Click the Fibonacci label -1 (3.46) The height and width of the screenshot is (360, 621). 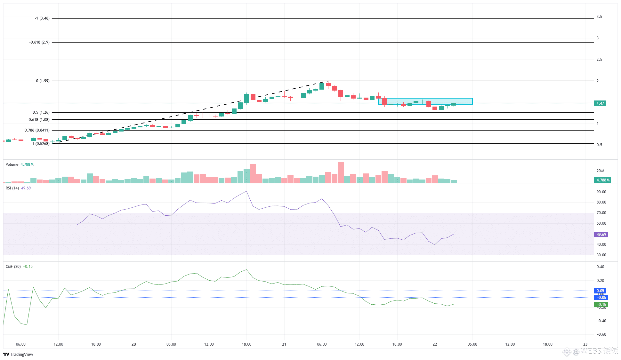pyautogui.click(x=42, y=18)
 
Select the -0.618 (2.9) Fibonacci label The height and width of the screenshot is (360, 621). pyautogui.click(x=39, y=42)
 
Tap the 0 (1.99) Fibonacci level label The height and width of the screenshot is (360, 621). pyautogui.click(x=43, y=81)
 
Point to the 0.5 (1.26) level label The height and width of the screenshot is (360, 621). pyautogui.click(x=41, y=112)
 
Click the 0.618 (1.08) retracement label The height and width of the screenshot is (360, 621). pyautogui.click(x=39, y=120)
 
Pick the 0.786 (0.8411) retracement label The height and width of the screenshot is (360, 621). pyautogui.click(x=37, y=130)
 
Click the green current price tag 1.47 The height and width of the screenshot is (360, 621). pyautogui.click(x=600, y=103)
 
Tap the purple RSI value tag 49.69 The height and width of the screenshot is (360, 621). pyautogui.click(x=601, y=235)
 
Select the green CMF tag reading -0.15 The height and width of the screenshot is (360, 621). pyautogui.click(x=601, y=305)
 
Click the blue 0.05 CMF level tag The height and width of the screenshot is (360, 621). pyautogui.click(x=600, y=291)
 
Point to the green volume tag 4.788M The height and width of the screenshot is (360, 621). pyautogui.click(x=602, y=180)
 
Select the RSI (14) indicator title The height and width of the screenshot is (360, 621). pyautogui.click(x=12, y=188)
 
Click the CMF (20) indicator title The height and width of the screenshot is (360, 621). pyautogui.click(x=13, y=267)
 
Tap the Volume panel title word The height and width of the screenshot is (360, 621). pyautogui.click(x=12, y=164)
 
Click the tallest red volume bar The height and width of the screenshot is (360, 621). pyautogui.click(x=341, y=172)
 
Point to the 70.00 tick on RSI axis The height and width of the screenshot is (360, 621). pyautogui.click(x=601, y=213)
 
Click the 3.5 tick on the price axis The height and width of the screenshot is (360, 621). pyautogui.click(x=599, y=17)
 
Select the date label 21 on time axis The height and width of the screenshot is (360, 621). pyautogui.click(x=284, y=344)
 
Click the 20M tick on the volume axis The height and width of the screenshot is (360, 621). pyautogui.click(x=600, y=171)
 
